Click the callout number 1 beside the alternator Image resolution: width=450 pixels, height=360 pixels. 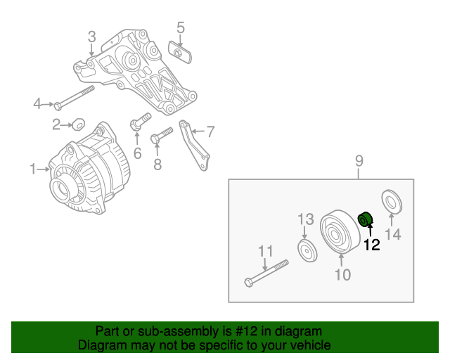(x=32, y=168)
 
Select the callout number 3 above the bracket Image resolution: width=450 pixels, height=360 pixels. (x=91, y=37)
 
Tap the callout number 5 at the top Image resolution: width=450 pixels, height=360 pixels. (x=181, y=28)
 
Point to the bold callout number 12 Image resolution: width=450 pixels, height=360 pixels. (x=371, y=245)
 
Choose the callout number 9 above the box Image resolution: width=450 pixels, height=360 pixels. (x=359, y=162)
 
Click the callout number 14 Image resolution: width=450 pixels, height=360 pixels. (x=392, y=235)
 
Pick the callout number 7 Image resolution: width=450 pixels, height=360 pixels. (x=210, y=131)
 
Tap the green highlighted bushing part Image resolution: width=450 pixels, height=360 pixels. (x=366, y=219)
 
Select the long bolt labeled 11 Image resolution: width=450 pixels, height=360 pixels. (x=267, y=274)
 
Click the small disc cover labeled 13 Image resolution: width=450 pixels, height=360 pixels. (x=306, y=250)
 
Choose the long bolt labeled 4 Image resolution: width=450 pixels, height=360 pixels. (x=75, y=98)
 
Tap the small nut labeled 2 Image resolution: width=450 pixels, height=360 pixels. (x=79, y=125)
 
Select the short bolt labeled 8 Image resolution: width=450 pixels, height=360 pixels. (x=161, y=133)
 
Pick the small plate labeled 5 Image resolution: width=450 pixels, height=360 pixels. (x=179, y=52)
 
